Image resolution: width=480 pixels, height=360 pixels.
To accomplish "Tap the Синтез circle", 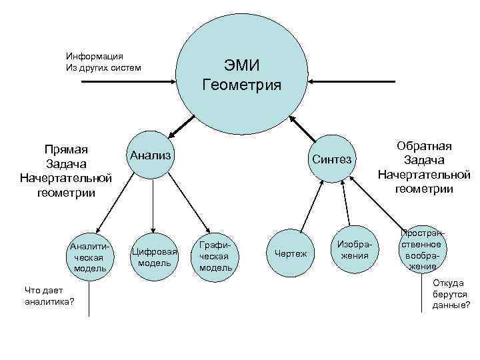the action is click(x=332, y=159).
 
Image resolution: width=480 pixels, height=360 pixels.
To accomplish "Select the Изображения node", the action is click(x=354, y=251).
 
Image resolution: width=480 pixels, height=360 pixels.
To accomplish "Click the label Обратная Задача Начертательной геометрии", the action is click(x=424, y=167).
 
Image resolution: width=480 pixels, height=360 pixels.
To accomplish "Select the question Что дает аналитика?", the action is click(x=49, y=296).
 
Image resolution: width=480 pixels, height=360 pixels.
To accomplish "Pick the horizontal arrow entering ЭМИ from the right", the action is click(x=353, y=81).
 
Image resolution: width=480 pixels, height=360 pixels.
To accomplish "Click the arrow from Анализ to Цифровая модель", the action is click(x=153, y=203).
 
